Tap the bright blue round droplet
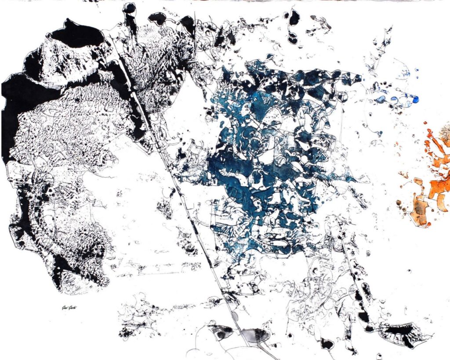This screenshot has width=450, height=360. tap(415, 100)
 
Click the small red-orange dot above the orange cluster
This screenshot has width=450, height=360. tap(425, 124)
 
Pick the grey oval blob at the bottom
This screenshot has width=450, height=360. tap(254, 336)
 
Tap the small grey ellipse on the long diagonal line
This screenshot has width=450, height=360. tap(235, 316)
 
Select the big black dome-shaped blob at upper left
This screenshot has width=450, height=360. tap(77, 34)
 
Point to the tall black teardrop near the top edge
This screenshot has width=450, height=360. tap(294, 18)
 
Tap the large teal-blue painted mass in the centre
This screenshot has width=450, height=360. tap(264, 154)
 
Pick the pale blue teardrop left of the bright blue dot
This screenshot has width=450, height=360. tap(381, 99)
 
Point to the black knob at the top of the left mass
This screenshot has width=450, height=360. tap(129, 8)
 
